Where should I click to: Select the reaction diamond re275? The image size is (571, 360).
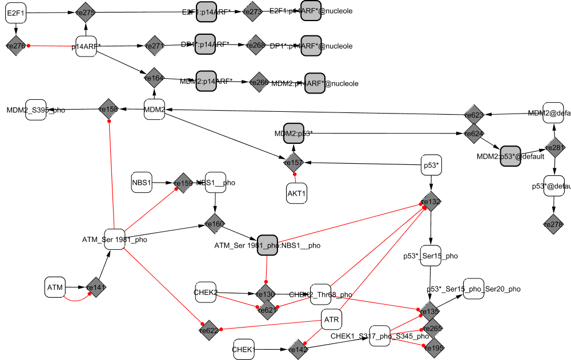point(85,13)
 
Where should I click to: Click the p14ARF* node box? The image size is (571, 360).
point(86,46)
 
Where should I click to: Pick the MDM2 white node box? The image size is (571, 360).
point(154,109)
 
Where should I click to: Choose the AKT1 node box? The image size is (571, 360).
point(296,193)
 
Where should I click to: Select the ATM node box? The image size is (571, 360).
point(55,287)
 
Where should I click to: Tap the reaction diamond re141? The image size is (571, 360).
point(96,288)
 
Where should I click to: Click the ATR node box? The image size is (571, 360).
point(332,319)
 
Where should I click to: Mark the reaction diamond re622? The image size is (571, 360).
point(209,330)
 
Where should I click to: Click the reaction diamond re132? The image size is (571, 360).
point(431,201)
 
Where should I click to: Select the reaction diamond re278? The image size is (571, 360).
point(553,225)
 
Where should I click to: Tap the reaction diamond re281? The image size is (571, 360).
point(554,147)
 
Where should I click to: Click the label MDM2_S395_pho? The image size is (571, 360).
point(35,110)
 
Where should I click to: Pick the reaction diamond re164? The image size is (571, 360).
point(154,78)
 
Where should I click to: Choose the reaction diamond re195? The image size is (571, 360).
point(433,346)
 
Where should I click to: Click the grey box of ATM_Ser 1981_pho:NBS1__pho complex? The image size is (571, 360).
point(267,245)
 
